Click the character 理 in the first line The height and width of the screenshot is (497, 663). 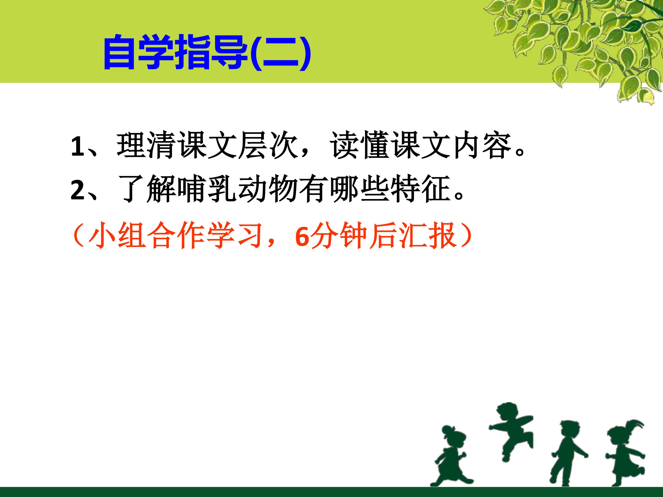(131, 146)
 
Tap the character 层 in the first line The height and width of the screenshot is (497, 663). (252, 146)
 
